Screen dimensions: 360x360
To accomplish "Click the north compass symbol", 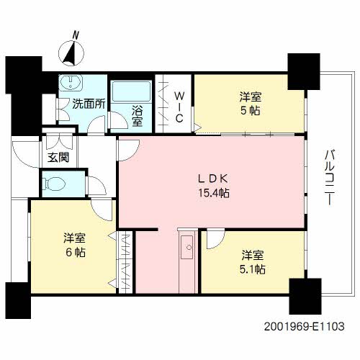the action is tap(71, 53).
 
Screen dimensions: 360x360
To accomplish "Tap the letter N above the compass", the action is tap(76, 35).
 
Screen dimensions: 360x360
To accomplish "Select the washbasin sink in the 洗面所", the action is tap(71, 82).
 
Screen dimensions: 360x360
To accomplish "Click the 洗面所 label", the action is tap(89, 104).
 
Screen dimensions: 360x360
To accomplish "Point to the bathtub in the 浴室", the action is tap(131, 91).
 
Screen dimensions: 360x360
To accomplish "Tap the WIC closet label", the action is tap(179, 107).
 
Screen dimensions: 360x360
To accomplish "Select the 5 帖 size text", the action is tap(251, 111).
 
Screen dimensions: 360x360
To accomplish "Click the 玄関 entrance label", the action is tap(58, 158).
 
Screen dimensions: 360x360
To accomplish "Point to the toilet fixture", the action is tap(54, 184).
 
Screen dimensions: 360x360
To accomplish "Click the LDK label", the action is tap(212, 179).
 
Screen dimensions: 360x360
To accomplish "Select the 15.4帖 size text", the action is tap(213, 193).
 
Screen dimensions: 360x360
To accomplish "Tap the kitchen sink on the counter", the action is tap(187, 247).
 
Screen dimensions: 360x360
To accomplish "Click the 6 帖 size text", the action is tap(76, 252).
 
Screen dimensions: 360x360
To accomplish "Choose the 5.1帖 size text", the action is tap(253, 269).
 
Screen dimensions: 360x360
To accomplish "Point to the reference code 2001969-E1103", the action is tap(305, 326).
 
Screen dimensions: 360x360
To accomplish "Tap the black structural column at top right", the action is tap(304, 72).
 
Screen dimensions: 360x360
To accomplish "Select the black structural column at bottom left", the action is tap(18, 300).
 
